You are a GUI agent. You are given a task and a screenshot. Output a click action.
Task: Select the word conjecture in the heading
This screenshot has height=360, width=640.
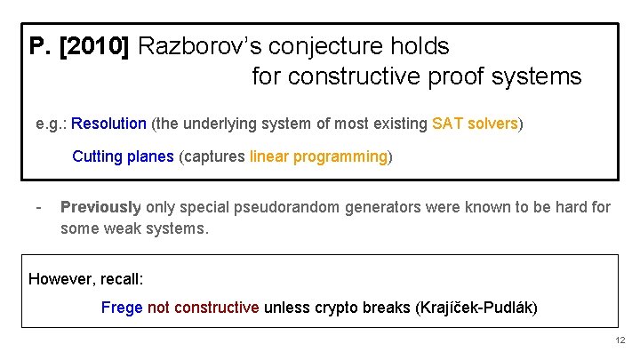point(314,46)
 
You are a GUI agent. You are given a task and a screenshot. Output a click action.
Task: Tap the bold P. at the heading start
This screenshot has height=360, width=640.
point(41,46)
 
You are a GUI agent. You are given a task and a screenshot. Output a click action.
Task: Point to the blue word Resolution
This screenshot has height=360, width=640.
point(109,124)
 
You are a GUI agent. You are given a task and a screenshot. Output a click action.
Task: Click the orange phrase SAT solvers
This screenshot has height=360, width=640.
point(475,124)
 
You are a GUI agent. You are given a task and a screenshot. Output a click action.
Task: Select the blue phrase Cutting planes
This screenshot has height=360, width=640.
point(123,157)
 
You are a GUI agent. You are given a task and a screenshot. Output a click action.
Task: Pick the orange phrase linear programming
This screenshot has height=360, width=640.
point(318,157)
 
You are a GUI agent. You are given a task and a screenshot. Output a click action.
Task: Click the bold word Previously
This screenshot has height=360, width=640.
point(100,208)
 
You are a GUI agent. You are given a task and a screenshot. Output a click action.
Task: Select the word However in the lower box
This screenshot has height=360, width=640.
point(59,279)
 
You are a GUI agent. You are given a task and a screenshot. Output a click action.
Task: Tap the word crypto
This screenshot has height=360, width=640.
point(334,308)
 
